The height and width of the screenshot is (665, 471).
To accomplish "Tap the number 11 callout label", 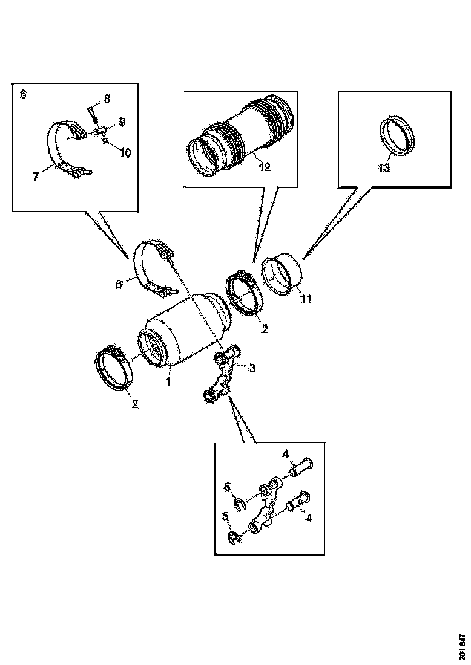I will (306, 299).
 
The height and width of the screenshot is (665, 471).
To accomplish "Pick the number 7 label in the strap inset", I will (36, 176).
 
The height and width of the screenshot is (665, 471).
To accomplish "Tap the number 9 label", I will (122, 122).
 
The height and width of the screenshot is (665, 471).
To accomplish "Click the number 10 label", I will (125, 152).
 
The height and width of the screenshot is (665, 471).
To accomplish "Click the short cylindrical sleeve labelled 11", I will (282, 276).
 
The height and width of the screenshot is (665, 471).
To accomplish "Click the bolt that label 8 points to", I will (91, 112).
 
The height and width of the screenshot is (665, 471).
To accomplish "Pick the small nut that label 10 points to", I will (106, 141).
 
